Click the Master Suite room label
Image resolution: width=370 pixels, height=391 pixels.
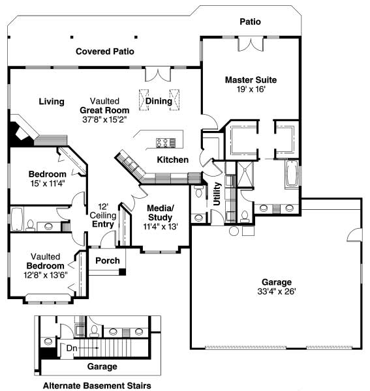coord(251,80)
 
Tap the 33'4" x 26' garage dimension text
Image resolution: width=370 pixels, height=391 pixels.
coord(277,291)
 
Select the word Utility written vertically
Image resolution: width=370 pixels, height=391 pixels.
coord(217,194)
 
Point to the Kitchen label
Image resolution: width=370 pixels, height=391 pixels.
coord(173,160)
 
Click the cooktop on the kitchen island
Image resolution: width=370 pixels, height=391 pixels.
coord(166,142)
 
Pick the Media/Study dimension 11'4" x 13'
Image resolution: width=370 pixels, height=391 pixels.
coord(161,226)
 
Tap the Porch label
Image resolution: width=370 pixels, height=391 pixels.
coord(108,261)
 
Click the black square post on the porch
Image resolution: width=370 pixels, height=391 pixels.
coord(122,272)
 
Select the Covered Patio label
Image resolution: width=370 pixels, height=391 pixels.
coord(105,51)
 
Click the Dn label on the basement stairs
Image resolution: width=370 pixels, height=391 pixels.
coord(72,348)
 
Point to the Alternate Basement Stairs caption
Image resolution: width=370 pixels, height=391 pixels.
coord(97,386)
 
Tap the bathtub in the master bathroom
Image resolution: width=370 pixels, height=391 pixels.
coord(292,174)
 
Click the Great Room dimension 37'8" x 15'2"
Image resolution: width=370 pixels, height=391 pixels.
coord(105,120)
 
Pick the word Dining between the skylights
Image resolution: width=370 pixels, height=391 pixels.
coord(159,101)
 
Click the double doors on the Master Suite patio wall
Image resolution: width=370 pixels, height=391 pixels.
coord(251,44)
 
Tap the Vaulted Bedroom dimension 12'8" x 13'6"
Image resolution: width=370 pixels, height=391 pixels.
coord(46,275)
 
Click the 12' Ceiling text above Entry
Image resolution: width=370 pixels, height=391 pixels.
coord(103,211)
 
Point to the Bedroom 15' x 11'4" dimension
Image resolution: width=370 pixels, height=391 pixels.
coord(48,184)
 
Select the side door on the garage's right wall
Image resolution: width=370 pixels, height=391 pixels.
coord(354,235)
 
